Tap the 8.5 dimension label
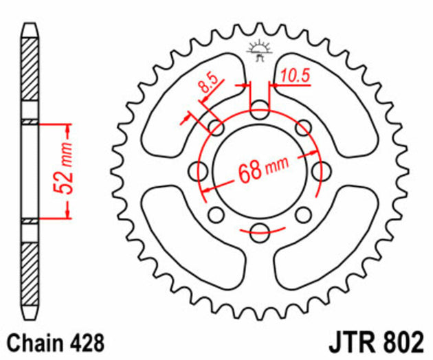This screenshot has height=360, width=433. point(208,85)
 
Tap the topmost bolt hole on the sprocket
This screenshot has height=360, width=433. point(259,109)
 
